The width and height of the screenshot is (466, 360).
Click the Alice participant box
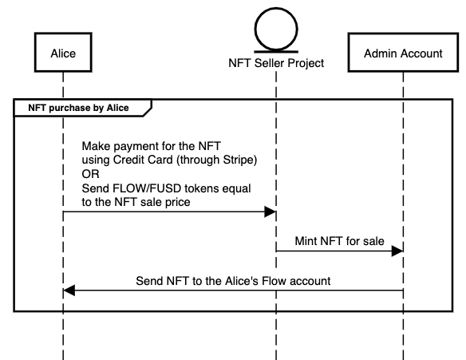coord(63,53)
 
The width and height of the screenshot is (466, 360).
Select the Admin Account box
coord(403,53)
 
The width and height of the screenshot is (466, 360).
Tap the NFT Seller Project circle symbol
coord(275,29)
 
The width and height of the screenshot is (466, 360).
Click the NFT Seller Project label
coord(276,63)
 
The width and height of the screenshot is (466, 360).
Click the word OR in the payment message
coord(91,174)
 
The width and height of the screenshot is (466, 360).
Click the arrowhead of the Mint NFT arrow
coord(397,251)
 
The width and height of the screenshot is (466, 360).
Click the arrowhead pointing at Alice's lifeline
coord(69,291)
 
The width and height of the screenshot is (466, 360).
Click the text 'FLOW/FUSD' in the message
coord(139,188)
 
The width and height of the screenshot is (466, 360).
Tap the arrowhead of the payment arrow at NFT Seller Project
coord(270,212)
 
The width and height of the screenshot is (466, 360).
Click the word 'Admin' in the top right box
coord(381,53)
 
